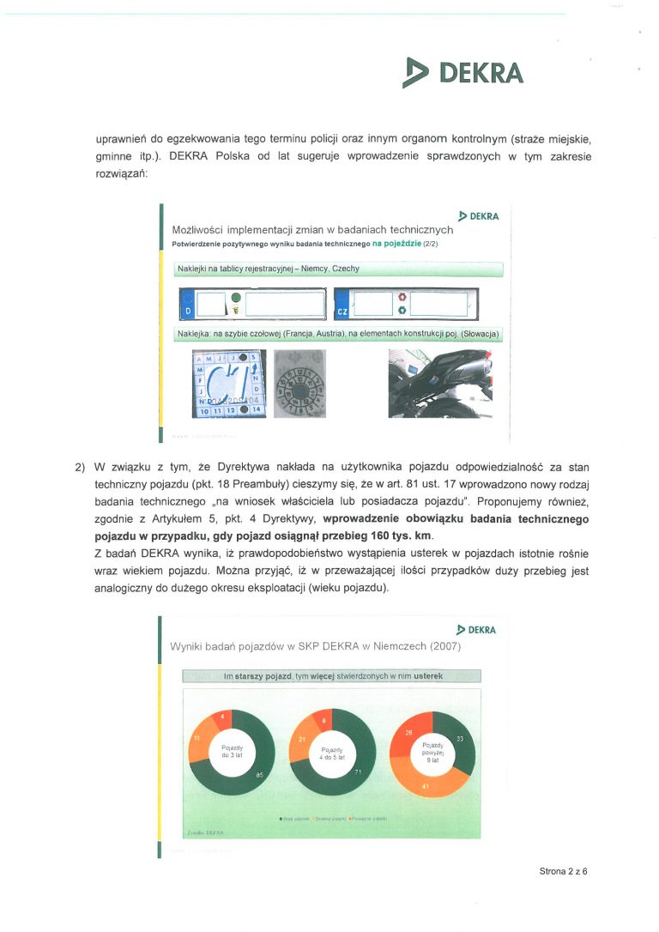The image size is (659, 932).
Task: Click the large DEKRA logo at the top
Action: coord(463,73)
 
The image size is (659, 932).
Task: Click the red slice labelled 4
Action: coord(224,717)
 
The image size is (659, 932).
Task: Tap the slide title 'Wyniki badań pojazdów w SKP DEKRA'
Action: coord(316,646)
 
